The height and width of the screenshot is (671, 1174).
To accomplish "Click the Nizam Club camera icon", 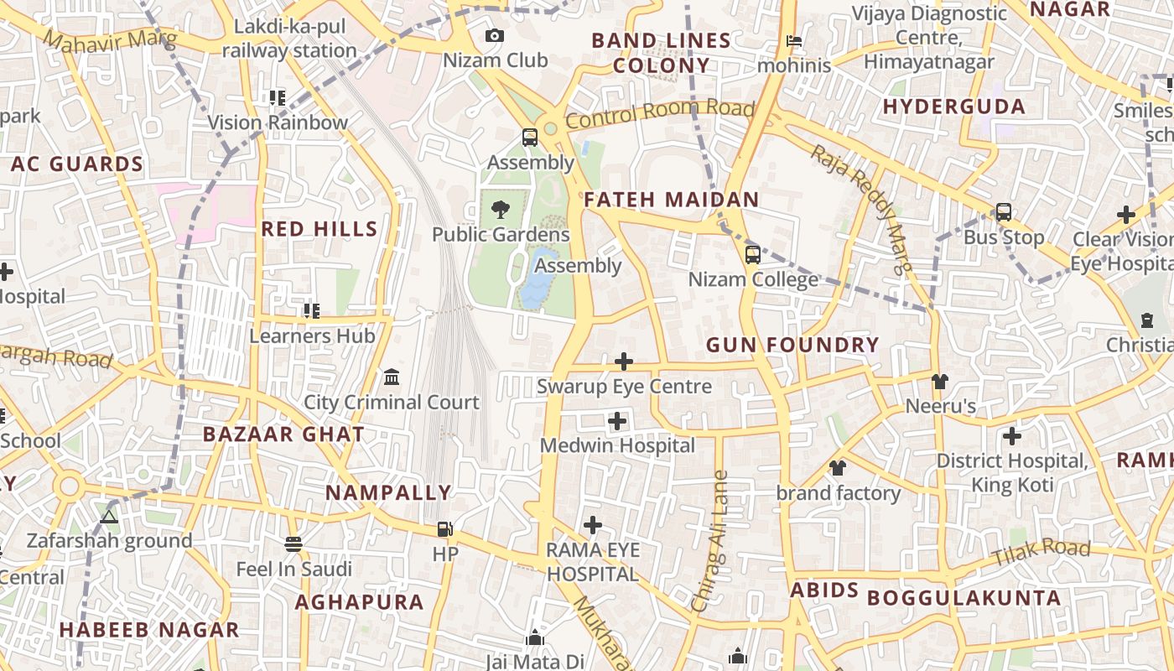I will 495,36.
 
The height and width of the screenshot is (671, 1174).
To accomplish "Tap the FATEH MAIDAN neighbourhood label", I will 671,200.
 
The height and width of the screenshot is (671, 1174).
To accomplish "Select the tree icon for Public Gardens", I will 501,209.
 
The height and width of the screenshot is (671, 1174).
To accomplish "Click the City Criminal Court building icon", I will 392,377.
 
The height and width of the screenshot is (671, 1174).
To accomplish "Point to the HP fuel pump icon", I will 445,529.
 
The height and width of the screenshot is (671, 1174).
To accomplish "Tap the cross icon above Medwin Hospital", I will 617,421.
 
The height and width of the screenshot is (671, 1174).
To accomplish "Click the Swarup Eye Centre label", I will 624,387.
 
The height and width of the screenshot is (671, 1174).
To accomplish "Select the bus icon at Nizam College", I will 753,254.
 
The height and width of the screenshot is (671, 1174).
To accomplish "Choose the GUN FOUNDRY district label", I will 792,345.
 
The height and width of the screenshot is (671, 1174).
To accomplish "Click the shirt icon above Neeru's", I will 940,382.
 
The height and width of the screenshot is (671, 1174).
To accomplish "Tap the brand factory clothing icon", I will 837,468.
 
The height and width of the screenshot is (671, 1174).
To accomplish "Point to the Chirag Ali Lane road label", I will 709,541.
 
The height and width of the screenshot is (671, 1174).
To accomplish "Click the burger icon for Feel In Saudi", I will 293,544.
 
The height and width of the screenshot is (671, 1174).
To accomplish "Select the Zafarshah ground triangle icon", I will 108,517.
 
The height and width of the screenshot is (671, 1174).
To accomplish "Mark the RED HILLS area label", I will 319,229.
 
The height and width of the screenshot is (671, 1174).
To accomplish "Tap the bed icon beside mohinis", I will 794,40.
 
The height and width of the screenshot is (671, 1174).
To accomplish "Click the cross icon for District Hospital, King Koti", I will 1012,436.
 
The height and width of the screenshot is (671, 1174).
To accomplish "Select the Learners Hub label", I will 312,336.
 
